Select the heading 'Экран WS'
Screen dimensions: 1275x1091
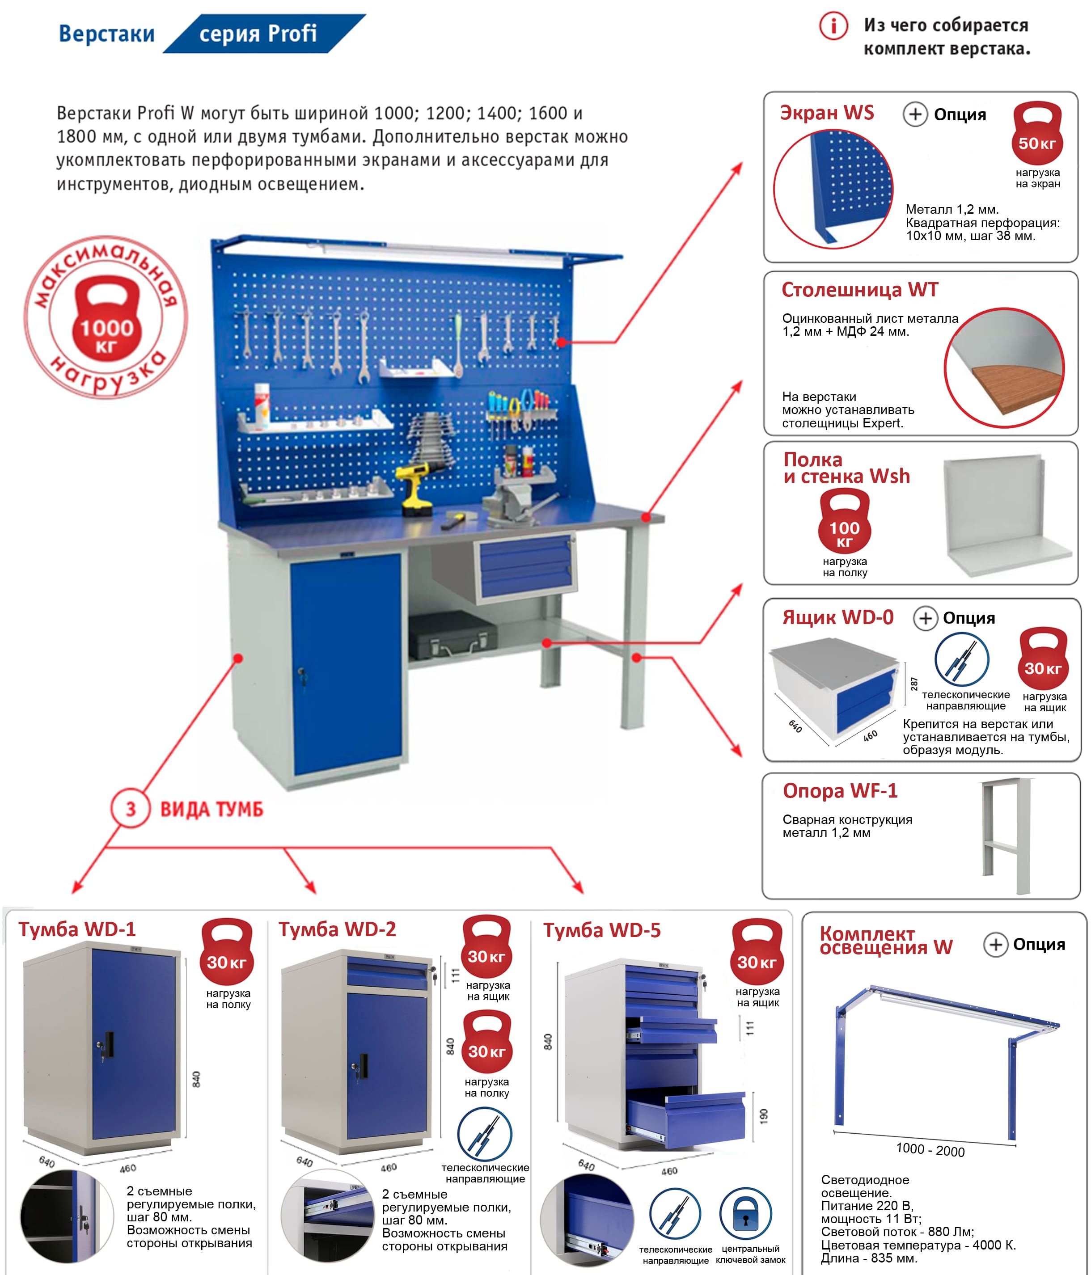pos(826,113)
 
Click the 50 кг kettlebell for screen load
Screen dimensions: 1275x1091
pos(1037,134)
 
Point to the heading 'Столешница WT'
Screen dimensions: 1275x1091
pos(860,290)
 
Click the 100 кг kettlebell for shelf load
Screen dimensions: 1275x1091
pos(844,522)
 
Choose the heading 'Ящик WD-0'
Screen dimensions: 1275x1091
pos(837,617)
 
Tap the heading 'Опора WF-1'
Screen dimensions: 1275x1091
pos(840,791)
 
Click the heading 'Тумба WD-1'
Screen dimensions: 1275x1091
pos(77,929)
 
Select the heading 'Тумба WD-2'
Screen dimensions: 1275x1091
pos(337,929)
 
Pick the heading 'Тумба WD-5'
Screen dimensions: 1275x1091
pos(602,930)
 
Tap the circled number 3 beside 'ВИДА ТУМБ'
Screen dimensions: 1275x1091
pos(131,809)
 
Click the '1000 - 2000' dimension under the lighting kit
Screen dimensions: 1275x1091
pos(930,1149)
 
